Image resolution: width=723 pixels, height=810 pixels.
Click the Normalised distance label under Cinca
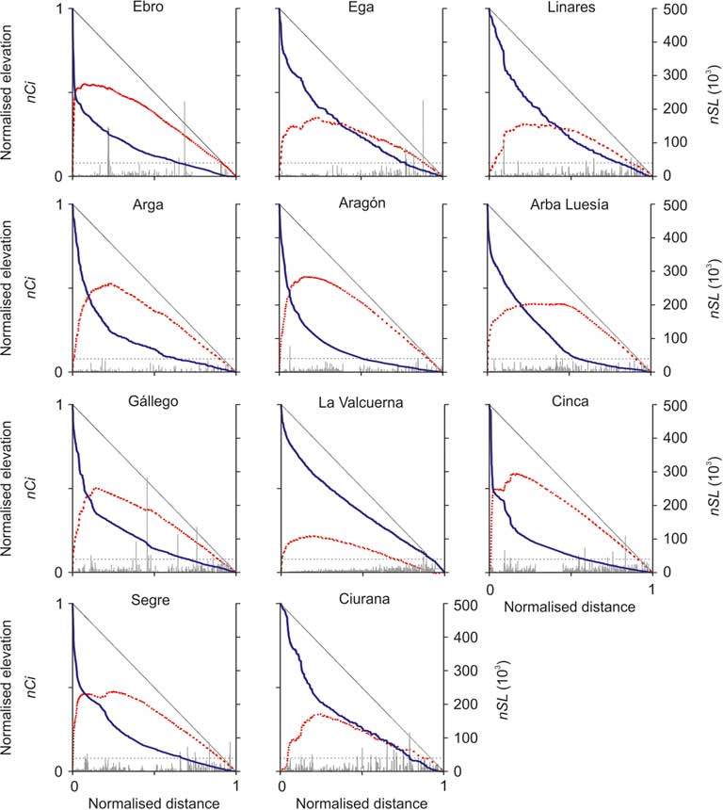click(570, 607)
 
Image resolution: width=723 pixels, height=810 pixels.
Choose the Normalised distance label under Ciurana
click(361, 802)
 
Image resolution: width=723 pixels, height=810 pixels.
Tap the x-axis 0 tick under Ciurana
click(282, 784)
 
